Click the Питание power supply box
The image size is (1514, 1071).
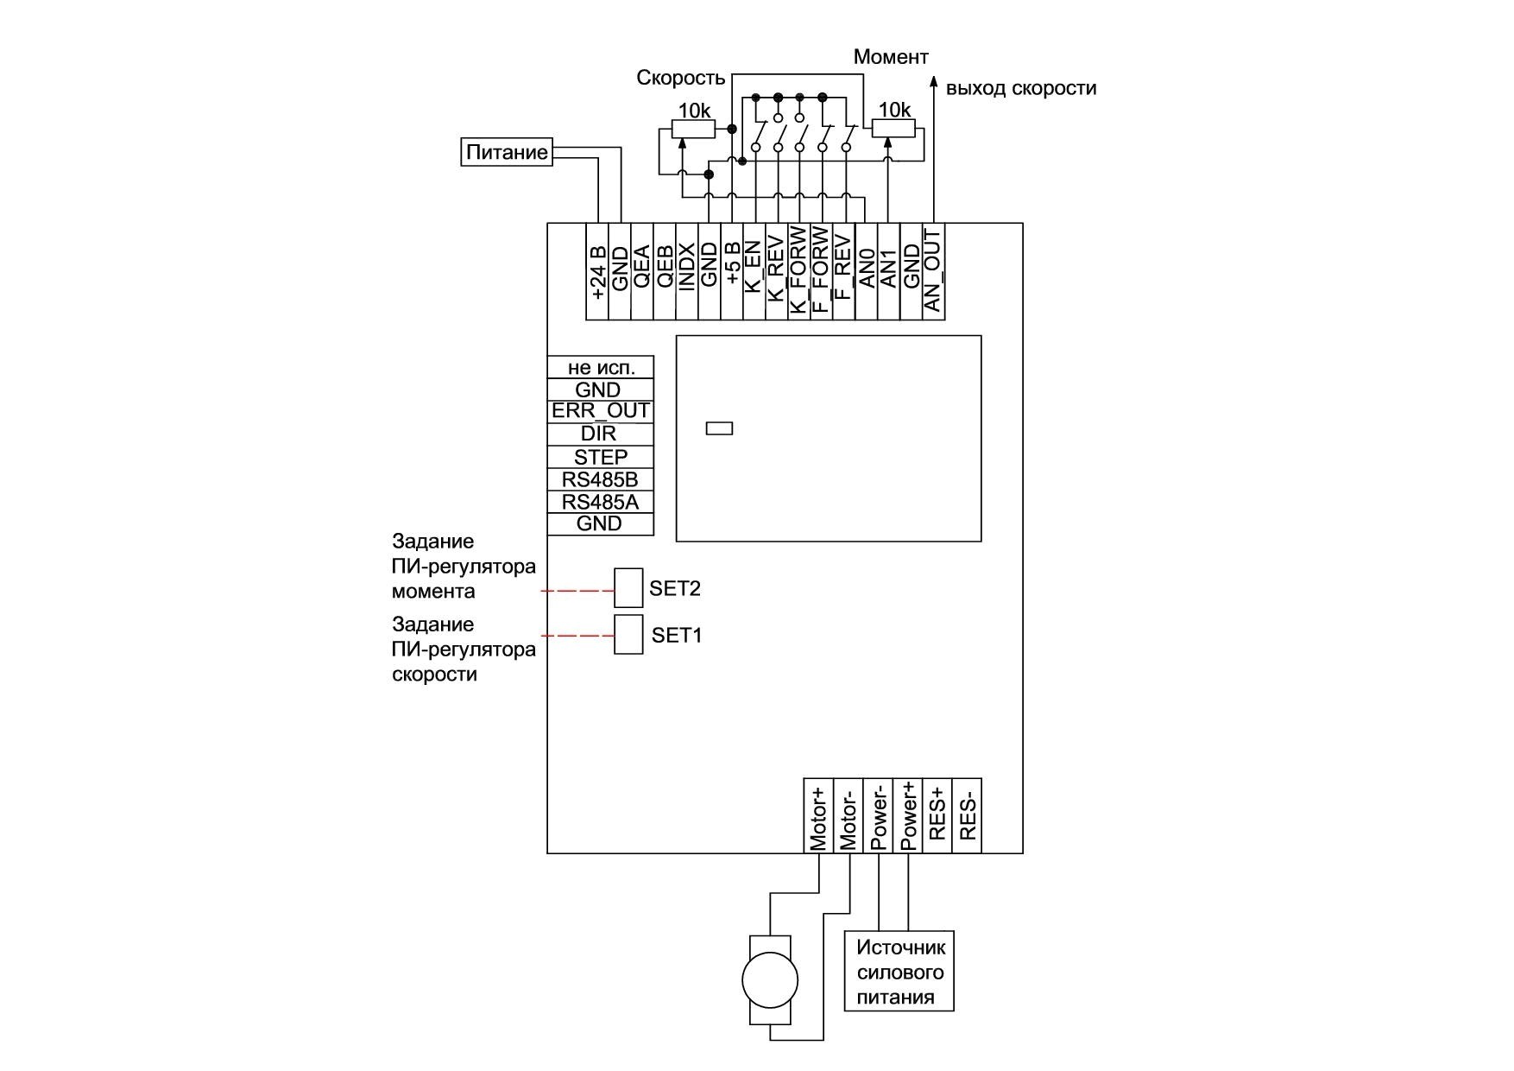point(507,153)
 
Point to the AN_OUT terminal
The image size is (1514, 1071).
point(933,271)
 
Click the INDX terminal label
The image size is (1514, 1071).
point(687,268)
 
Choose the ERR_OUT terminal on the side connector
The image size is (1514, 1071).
point(601,411)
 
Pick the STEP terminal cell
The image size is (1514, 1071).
point(601,457)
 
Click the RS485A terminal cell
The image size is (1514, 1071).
point(601,503)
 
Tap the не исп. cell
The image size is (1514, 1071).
point(601,367)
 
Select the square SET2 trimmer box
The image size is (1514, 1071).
point(628,588)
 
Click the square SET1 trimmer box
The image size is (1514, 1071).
point(628,635)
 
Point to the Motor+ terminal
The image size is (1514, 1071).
point(818,816)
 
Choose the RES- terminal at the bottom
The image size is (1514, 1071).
point(967,816)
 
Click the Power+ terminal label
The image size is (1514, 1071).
point(908,816)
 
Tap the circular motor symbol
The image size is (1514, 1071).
point(770,980)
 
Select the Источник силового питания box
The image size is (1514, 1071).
point(899,972)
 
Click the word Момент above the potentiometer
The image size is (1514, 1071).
point(891,58)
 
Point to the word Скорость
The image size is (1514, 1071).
point(681,79)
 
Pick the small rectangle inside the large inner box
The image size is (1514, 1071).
point(719,428)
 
